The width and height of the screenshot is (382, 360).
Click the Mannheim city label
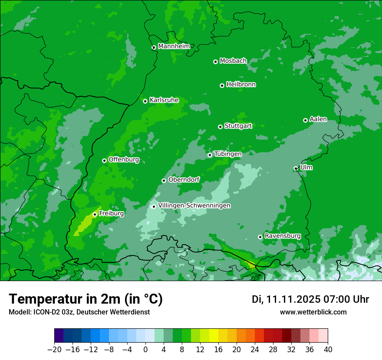[174, 46]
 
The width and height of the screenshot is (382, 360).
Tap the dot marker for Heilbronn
[222, 85]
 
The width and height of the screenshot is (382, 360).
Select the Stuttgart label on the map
[238, 126]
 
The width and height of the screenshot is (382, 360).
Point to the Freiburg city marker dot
[95, 214]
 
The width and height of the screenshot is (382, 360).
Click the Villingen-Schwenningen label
[194, 206]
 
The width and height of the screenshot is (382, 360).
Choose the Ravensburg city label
[282, 236]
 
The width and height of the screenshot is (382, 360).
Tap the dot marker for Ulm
[296, 168]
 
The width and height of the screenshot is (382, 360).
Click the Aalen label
[318, 119]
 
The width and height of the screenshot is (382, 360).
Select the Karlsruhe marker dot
[145, 101]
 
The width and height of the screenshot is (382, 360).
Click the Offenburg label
[123, 160]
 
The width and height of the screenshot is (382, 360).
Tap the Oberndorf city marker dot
[164, 180]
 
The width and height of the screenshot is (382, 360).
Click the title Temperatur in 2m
[86, 299]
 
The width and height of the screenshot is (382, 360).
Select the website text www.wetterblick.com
[313, 312]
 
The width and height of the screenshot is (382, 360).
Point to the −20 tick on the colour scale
[54, 350]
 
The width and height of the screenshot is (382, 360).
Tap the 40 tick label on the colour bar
[328, 350]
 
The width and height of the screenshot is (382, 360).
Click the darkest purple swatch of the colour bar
[59, 336]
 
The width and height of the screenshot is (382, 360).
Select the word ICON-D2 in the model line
[45, 312]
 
